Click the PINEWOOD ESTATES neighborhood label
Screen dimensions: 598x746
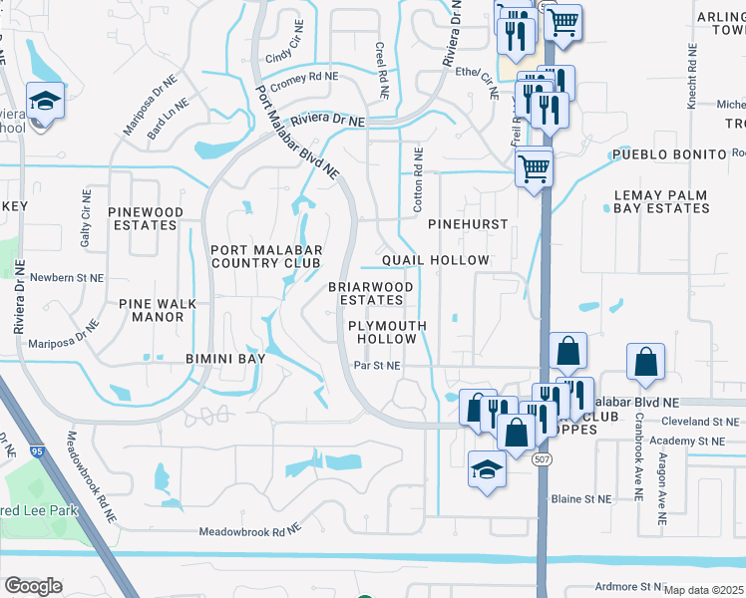click(x=146, y=218)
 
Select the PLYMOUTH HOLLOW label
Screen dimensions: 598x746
click(x=387, y=332)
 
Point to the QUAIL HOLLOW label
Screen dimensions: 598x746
click(x=436, y=260)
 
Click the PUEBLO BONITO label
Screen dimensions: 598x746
click(x=667, y=154)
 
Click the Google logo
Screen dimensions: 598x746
click(x=33, y=586)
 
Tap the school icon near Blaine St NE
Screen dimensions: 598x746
click(x=485, y=469)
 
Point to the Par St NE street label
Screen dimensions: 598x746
click(x=377, y=366)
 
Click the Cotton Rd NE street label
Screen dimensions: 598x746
click(x=419, y=179)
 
